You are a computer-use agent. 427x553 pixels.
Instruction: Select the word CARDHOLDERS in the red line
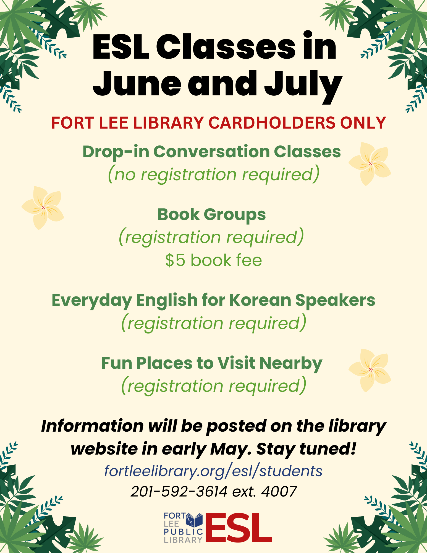coord(271,123)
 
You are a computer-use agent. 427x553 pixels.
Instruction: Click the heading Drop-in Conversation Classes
coord(212,152)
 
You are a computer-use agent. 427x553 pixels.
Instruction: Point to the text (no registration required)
coord(214,174)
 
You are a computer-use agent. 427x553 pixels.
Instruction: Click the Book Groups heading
coord(212,215)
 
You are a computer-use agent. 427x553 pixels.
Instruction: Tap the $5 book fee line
coord(214,260)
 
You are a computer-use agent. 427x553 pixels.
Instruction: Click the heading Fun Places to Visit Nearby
coord(212,364)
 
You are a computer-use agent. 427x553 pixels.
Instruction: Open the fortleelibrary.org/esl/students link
coord(213,471)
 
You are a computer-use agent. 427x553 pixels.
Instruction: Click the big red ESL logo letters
coord(238,528)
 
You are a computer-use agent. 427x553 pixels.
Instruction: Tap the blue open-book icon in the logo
coord(195,520)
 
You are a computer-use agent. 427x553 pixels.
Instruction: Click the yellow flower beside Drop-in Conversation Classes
coord(370,164)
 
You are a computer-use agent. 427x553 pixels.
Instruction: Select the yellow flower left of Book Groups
coord(43,208)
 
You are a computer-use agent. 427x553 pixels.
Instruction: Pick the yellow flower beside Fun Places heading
coord(370,370)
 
